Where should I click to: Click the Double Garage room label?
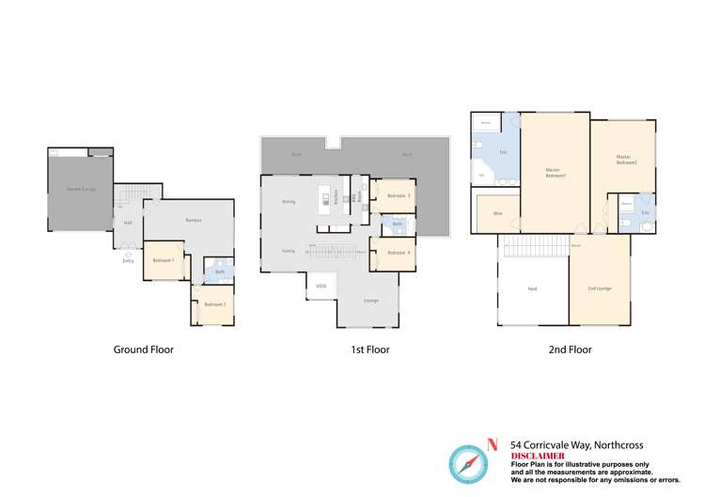81,189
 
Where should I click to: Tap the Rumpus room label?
194,220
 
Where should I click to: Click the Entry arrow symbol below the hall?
128,254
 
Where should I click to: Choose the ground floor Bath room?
219,272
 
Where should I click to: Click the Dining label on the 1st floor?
289,202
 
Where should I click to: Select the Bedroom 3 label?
399,195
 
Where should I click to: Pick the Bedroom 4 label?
399,253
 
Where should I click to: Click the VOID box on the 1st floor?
321,286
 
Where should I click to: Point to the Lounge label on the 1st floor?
371,301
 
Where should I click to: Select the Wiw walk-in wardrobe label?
496,214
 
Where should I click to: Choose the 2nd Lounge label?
599,287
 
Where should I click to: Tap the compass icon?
467,464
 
